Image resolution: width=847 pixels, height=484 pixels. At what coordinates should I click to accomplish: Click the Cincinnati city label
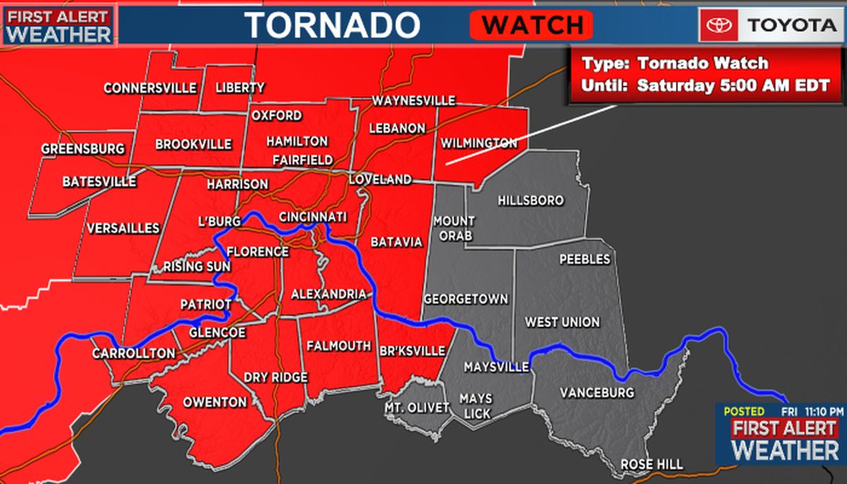coord(312,217)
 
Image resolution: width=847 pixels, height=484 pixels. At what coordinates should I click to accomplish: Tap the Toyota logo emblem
coord(721,26)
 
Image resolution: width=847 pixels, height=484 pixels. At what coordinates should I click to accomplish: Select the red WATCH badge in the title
coord(531,26)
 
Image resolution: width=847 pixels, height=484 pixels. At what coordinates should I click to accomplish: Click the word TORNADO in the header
coord(332,26)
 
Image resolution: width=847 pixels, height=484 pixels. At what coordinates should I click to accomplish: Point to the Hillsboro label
coord(531,200)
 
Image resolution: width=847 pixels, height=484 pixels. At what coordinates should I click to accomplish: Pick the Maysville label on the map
coord(496,368)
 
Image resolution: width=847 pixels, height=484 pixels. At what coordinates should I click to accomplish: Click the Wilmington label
coord(479,143)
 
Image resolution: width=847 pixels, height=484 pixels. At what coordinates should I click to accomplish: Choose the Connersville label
coord(150,88)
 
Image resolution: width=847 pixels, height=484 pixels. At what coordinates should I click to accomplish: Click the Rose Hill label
coord(651,464)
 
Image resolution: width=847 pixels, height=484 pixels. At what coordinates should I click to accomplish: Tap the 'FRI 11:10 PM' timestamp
coord(812,411)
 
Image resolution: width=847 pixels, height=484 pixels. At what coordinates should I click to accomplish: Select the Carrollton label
coord(133,353)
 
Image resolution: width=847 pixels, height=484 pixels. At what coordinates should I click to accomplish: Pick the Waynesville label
coord(414,101)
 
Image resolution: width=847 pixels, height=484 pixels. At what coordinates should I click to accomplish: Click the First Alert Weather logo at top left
coord(59,26)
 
